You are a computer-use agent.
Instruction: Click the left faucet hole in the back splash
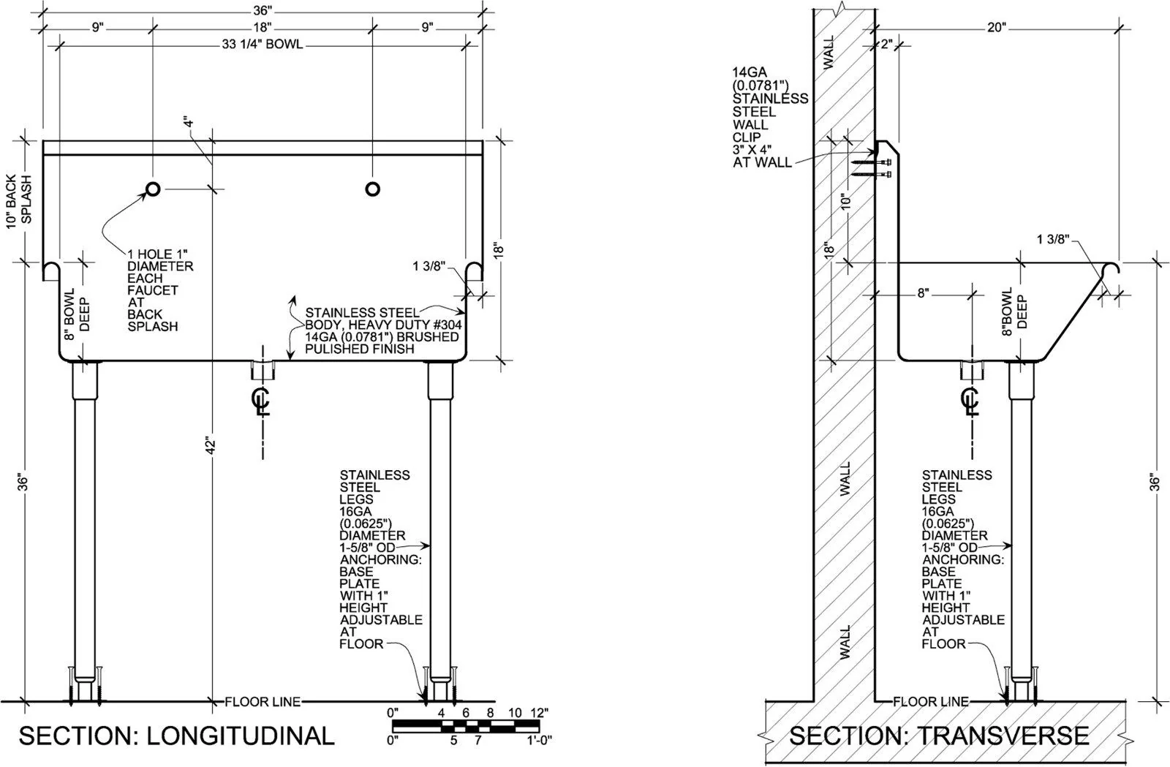153,189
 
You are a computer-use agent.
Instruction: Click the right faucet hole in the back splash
372,189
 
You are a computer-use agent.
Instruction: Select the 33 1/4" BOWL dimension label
263,45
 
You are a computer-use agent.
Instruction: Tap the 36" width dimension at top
263,10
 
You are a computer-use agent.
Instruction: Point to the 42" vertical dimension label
211,445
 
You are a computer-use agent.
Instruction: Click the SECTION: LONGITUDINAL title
176,736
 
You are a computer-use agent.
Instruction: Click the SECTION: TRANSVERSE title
939,736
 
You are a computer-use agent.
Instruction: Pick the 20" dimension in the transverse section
996,27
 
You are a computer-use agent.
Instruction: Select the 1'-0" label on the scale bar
539,741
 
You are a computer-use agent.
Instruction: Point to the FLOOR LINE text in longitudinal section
263,702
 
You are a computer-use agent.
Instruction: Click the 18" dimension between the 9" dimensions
263,27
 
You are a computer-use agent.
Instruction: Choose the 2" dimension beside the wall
886,45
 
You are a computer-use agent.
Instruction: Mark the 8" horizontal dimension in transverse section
924,293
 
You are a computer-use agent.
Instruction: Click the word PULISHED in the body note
333,349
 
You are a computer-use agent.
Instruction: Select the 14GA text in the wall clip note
750,72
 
